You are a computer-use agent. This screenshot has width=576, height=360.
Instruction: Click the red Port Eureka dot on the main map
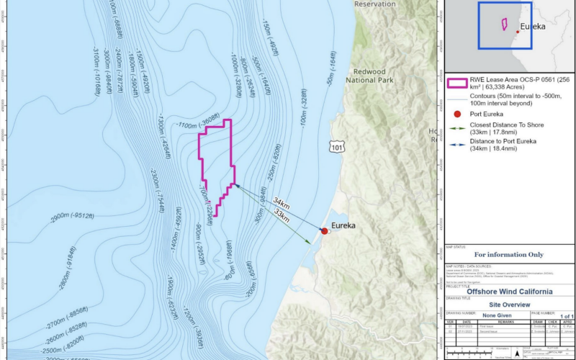[x=325, y=231]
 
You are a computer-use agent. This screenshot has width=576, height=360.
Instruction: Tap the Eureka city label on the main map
[x=343, y=225]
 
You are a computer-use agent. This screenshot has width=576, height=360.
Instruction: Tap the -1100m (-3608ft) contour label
[x=199, y=122]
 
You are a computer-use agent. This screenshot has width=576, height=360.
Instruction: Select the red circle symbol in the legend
[x=456, y=115]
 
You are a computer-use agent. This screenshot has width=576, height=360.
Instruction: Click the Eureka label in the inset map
[x=534, y=26]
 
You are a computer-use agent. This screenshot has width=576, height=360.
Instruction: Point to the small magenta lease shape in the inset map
[x=504, y=24]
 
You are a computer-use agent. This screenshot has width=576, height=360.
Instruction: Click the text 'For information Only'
[x=509, y=255]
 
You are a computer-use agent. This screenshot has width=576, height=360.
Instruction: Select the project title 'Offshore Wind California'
[x=510, y=292]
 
